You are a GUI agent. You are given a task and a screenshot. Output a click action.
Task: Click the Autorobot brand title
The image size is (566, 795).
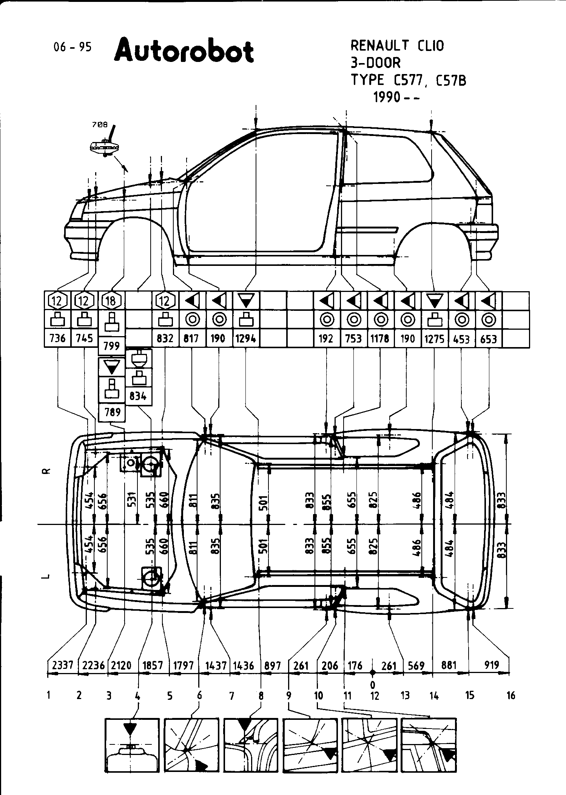click(x=184, y=52)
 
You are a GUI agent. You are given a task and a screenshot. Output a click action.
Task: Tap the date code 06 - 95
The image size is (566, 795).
click(x=72, y=47)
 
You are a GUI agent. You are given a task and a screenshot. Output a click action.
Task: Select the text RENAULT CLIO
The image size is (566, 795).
click(x=397, y=46)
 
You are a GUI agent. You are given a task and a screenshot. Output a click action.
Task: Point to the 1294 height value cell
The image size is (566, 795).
click(x=246, y=338)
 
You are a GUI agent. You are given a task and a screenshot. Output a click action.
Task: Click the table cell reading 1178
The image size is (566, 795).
click(x=380, y=338)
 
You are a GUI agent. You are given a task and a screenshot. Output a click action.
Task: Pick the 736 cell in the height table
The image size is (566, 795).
click(x=58, y=338)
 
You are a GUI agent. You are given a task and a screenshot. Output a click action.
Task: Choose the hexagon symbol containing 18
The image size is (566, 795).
click(x=111, y=301)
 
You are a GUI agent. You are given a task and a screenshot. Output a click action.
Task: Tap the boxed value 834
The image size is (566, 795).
click(x=138, y=397)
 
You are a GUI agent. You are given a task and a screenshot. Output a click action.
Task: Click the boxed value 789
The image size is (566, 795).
click(x=111, y=412)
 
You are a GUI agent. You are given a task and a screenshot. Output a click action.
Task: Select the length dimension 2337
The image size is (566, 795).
click(x=63, y=665)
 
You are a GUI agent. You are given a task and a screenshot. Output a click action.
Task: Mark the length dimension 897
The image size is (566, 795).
click(x=272, y=665)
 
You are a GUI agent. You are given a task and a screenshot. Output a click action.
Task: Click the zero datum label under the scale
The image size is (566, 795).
click(x=373, y=684)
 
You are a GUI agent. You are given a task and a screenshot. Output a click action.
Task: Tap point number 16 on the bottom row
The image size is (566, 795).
click(x=511, y=695)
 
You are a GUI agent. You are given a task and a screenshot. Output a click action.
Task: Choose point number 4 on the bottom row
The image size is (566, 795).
click(x=138, y=695)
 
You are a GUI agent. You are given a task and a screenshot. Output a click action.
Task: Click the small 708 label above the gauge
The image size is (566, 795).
click(x=100, y=124)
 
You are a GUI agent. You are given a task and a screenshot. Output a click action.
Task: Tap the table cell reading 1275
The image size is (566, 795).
click(x=435, y=338)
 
